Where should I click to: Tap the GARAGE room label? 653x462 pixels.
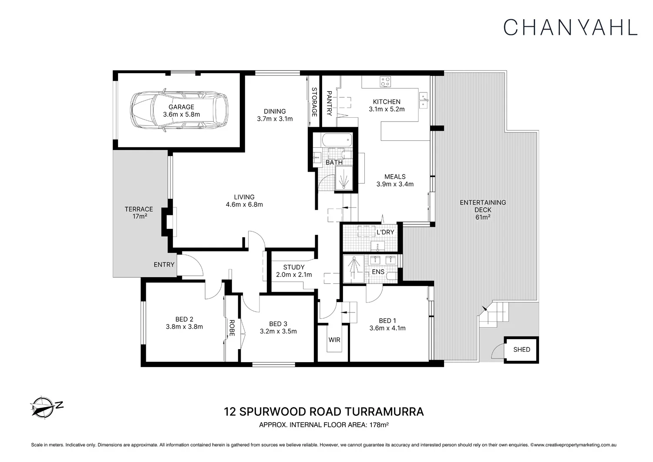(x=181, y=107)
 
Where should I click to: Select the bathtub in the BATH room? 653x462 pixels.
(x=337, y=141)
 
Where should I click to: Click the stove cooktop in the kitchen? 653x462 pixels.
(x=385, y=82)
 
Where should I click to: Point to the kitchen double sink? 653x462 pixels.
(x=423, y=100)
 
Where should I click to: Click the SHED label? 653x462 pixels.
(x=522, y=350)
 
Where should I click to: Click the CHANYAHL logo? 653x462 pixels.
(x=570, y=27)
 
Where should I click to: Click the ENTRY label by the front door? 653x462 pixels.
(x=164, y=265)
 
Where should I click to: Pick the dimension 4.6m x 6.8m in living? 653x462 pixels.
(x=244, y=204)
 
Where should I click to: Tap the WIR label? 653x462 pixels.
(x=334, y=340)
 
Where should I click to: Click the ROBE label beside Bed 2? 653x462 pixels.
(x=232, y=328)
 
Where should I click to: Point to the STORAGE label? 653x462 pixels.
(x=314, y=102)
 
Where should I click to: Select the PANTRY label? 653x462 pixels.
(x=330, y=103)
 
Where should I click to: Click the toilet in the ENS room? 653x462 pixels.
(x=392, y=276)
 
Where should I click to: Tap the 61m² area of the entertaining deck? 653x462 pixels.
(x=483, y=217)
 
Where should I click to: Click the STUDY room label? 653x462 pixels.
(x=294, y=267)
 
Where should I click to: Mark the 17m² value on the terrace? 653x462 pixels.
(x=139, y=216)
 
